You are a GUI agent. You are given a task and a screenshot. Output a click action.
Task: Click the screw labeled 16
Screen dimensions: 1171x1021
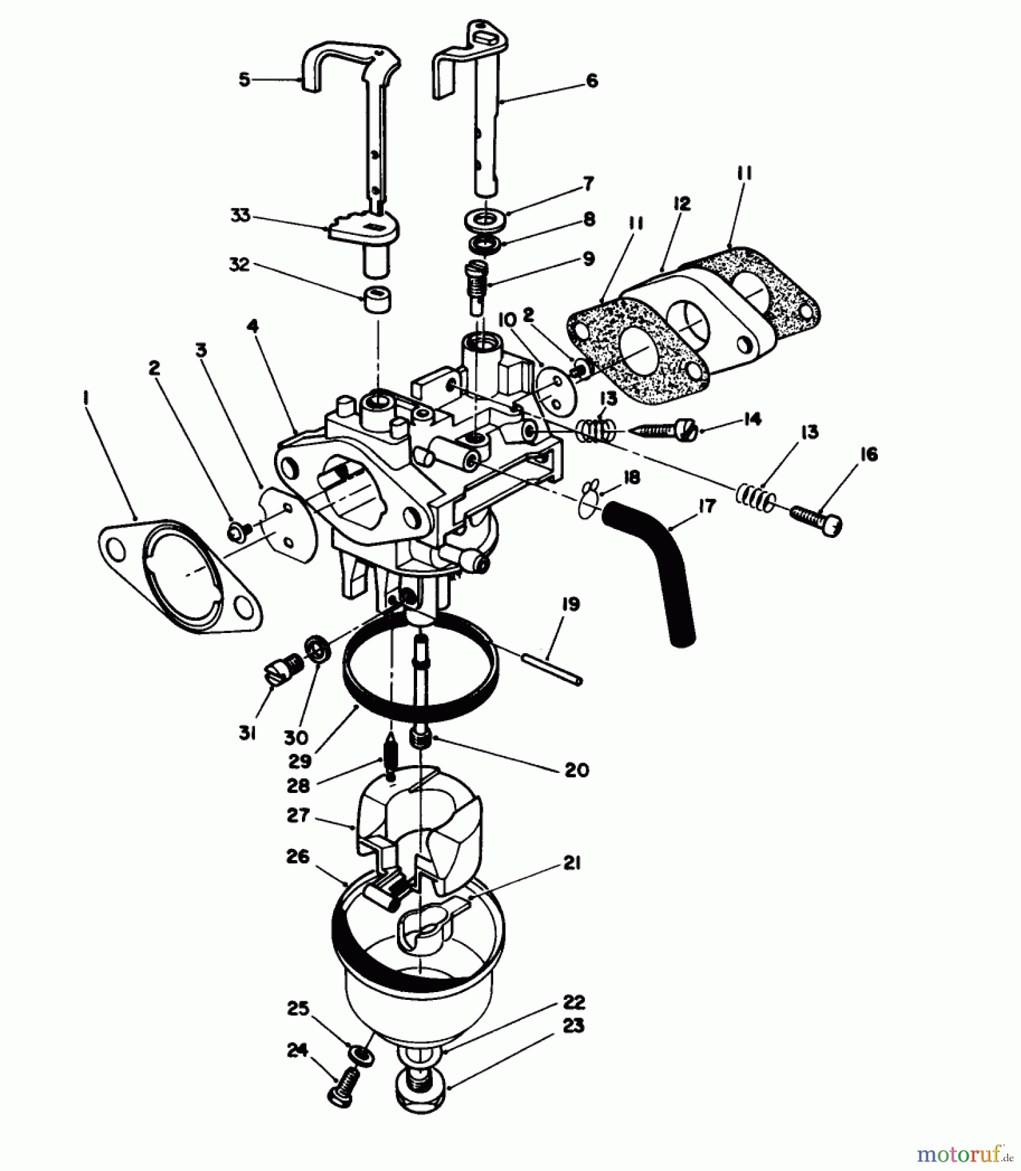[x=816, y=520]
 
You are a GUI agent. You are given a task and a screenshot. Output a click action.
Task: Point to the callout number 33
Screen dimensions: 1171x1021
[x=240, y=215]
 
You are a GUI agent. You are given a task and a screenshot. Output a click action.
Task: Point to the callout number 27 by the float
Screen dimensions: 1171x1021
[x=297, y=815]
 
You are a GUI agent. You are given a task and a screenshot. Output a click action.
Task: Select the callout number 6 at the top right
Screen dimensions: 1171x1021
[x=592, y=81]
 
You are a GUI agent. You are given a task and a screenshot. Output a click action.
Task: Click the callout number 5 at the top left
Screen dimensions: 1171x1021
[x=244, y=80]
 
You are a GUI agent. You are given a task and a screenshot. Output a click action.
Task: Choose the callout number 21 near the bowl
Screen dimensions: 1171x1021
[x=572, y=864]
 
